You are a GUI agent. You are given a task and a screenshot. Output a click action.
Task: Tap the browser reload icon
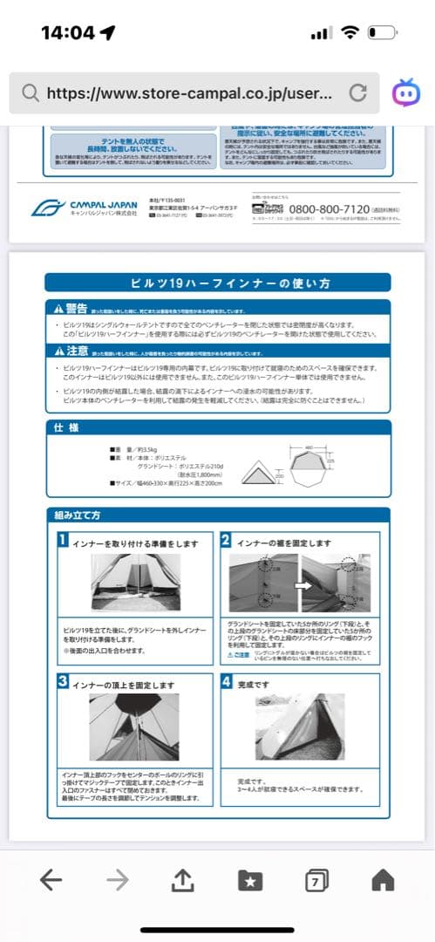click(x=357, y=93)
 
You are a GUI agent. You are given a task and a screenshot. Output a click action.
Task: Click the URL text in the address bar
click(x=187, y=93)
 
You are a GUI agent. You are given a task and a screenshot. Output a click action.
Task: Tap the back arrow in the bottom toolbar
click(x=51, y=880)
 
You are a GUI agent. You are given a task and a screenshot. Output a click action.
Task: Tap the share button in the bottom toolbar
click(x=181, y=880)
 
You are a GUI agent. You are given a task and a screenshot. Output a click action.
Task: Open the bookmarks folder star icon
click(x=250, y=880)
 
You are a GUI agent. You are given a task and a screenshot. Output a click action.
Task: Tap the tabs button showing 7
click(x=315, y=880)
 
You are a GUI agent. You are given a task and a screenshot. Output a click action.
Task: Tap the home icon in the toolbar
click(x=383, y=880)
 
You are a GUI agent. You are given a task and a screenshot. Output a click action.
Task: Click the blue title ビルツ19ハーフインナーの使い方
click(x=217, y=283)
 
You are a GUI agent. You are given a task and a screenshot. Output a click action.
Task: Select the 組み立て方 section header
click(x=77, y=515)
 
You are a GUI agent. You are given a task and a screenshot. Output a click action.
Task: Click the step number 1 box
click(x=63, y=541)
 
